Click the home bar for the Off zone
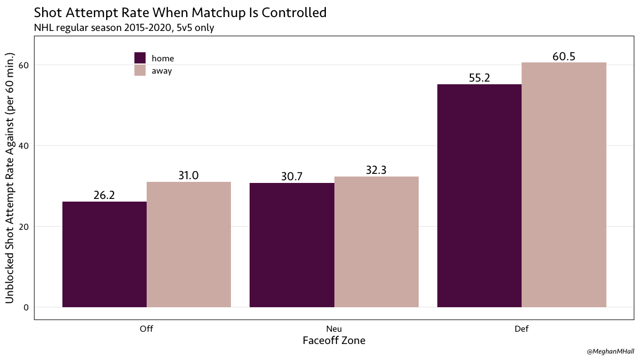[x=105, y=254]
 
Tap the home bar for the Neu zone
[x=292, y=245]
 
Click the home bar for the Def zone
[x=479, y=196]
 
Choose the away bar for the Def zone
[x=564, y=185]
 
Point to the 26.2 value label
[x=105, y=195]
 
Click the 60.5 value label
[x=564, y=56]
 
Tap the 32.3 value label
[x=377, y=170]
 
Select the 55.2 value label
[x=479, y=78]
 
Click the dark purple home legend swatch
[x=140, y=58]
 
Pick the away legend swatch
[x=140, y=70]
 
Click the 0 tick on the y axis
[x=26, y=307]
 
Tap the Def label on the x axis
[x=522, y=329]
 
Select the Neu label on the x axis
[x=334, y=329]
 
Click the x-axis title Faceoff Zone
[x=334, y=341]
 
